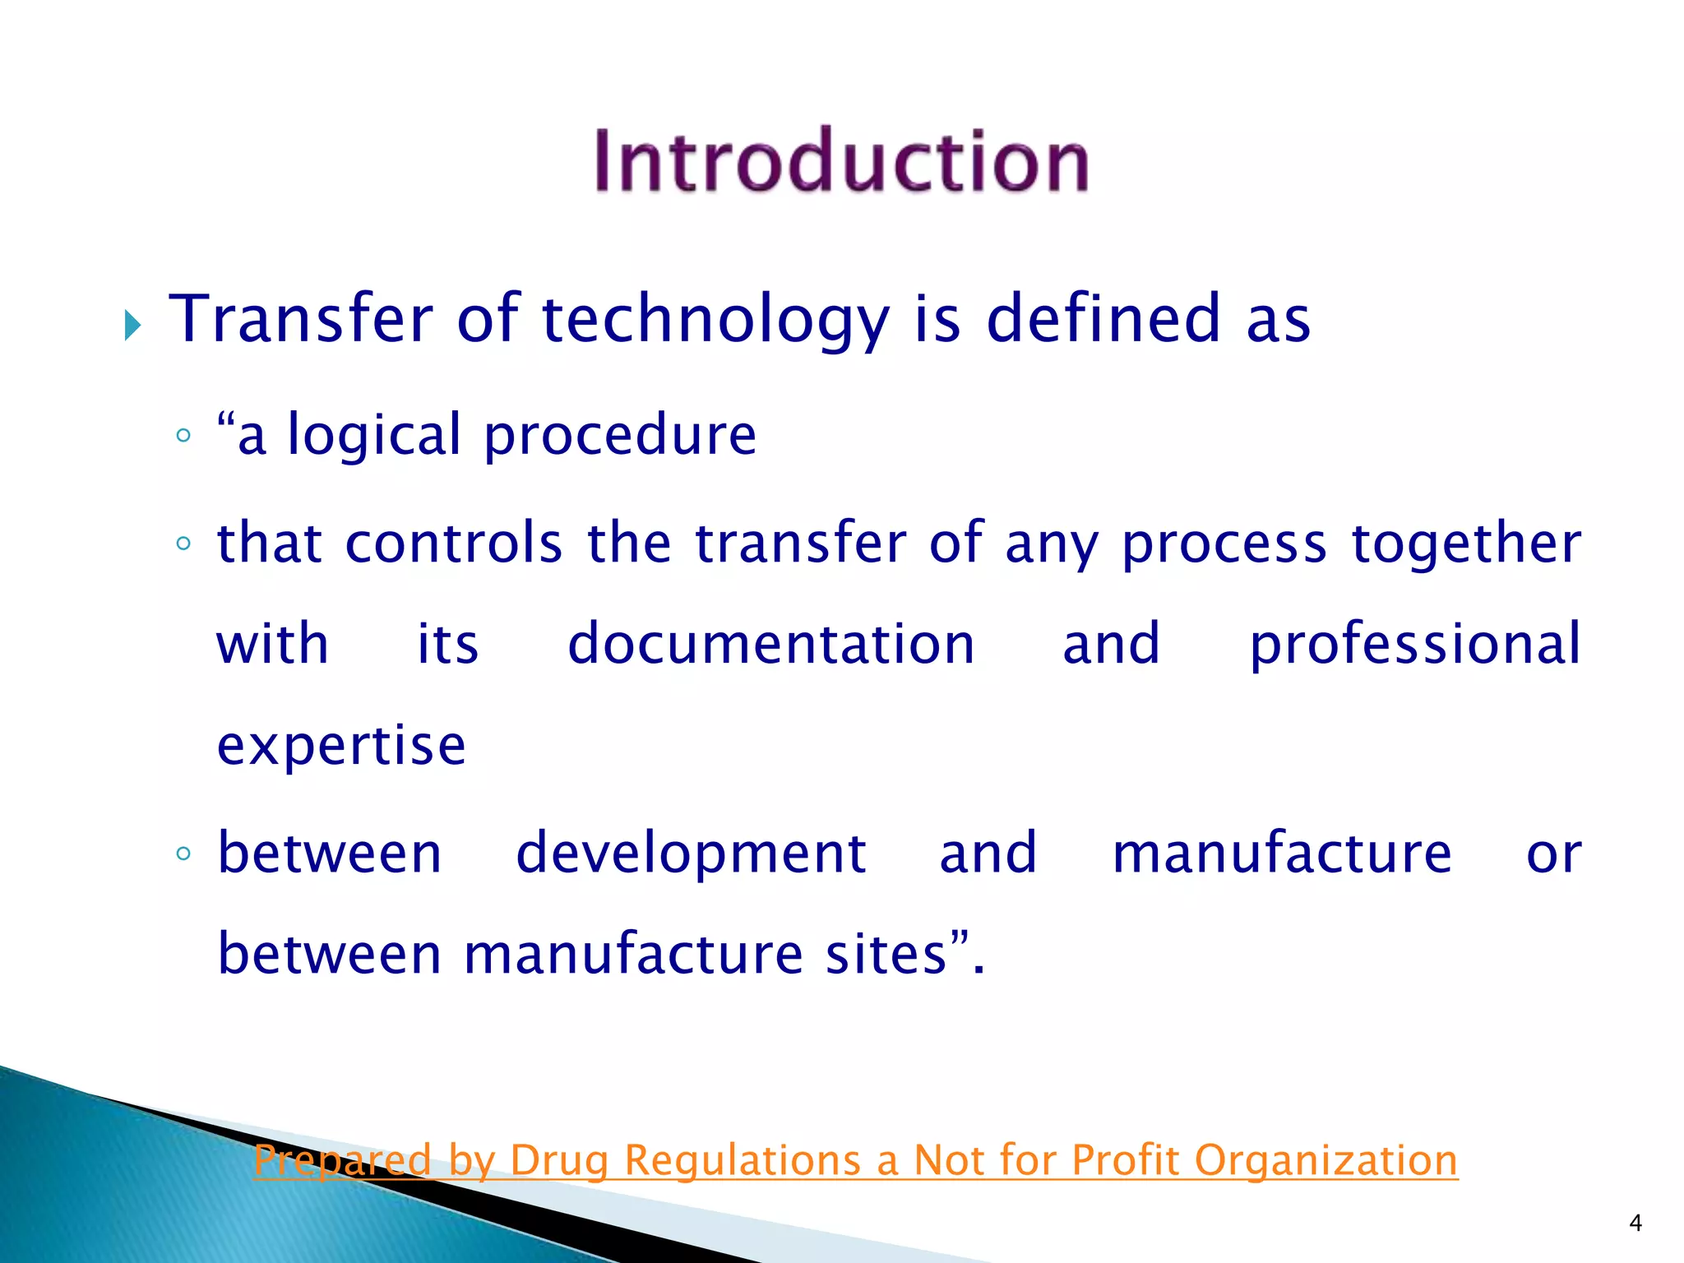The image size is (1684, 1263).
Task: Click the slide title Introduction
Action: click(x=841, y=161)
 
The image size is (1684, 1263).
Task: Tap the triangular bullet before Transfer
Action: click(x=132, y=326)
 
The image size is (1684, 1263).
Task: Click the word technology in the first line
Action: click(x=715, y=321)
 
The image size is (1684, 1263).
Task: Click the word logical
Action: click(x=374, y=436)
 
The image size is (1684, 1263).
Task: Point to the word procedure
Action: click(x=619, y=436)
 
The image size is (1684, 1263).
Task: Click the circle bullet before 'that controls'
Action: click(x=183, y=544)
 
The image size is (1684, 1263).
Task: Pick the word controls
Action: click(x=454, y=544)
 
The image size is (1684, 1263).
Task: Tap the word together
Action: click(x=1467, y=544)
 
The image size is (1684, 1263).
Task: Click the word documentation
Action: click(x=771, y=644)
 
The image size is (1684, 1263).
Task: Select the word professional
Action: click(x=1414, y=645)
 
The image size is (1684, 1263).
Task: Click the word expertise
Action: click(x=341, y=746)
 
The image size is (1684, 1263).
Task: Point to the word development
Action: click(x=691, y=854)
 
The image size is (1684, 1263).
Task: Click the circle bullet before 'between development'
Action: click(x=183, y=854)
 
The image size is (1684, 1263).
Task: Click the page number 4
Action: click(x=1635, y=1224)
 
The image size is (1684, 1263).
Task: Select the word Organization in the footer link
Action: click(x=1325, y=1160)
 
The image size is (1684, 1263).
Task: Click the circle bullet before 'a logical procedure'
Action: click(x=183, y=435)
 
